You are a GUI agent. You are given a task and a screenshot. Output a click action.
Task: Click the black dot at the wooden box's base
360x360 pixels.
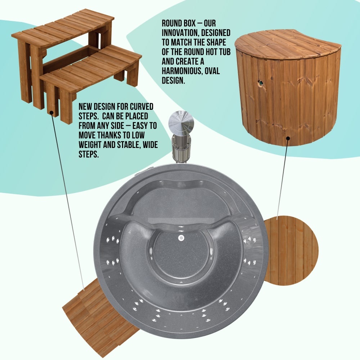pyautogui.click(x=288, y=138)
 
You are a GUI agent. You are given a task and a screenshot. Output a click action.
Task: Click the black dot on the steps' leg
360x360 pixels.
pyautogui.click(x=52, y=113)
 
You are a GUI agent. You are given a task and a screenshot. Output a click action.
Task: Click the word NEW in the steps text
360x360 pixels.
pyautogui.click(x=85, y=107)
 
